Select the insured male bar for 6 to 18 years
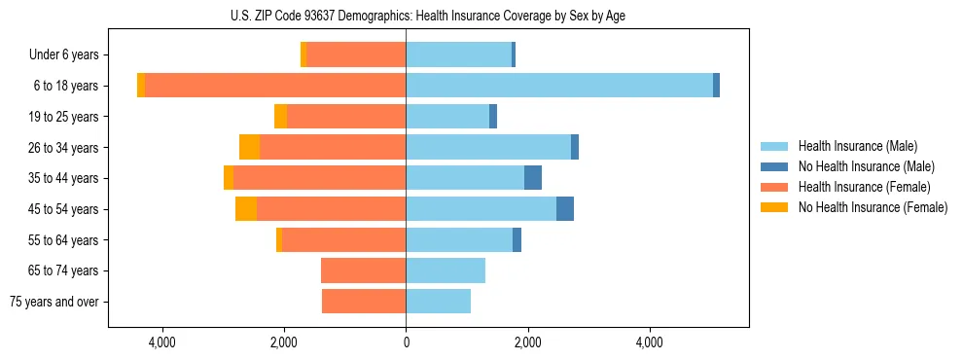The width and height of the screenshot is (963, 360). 559,86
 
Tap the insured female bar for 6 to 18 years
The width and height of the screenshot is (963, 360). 275,86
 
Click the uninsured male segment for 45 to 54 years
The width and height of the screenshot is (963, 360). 565,209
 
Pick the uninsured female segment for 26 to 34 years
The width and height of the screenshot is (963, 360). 249,147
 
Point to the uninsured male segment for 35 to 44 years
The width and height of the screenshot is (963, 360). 533,178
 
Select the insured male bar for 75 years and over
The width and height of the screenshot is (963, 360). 438,302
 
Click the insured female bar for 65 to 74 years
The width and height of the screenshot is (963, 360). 363,270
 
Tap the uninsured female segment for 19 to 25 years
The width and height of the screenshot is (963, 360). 280,117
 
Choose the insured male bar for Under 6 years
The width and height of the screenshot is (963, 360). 458,54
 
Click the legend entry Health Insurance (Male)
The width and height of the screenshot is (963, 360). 857,146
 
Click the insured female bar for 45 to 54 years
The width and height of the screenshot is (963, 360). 331,209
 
